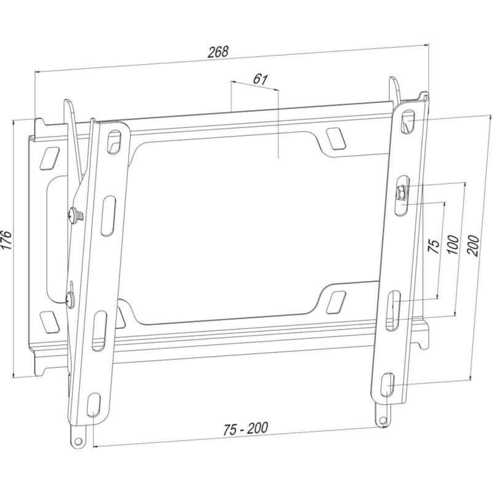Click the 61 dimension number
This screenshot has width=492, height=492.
pyautogui.click(x=260, y=79)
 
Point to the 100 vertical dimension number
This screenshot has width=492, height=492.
pyautogui.click(x=453, y=244)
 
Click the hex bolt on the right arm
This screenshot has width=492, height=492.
pyautogui.click(x=400, y=192)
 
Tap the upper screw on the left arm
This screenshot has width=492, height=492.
pyautogui.click(x=75, y=214)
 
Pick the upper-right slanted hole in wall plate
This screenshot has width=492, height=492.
pyautogui.click(x=336, y=138)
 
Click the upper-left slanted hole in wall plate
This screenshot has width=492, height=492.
pyautogui.click(x=47, y=156)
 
